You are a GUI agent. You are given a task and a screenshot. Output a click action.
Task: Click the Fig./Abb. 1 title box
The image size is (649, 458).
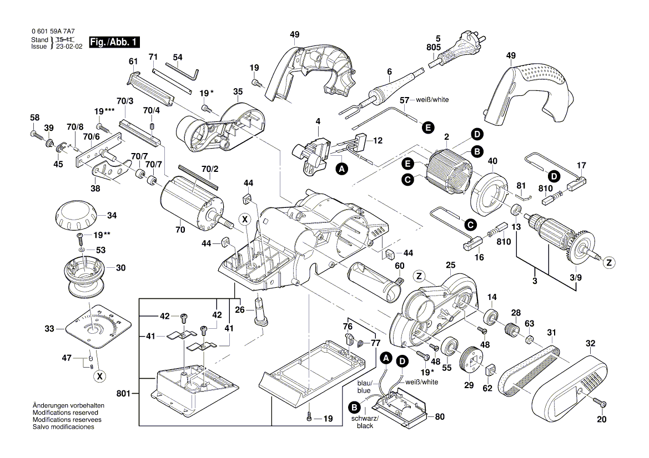click(x=115, y=42)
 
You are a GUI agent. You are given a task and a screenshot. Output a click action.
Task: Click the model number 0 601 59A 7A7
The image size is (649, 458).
click(x=53, y=33)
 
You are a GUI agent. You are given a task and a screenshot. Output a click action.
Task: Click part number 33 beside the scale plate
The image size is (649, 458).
click(x=50, y=329)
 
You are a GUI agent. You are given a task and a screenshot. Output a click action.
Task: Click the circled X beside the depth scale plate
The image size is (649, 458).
click(x=100, y=376)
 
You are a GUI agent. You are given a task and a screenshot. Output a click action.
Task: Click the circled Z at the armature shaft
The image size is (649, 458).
click(x=609, y=263)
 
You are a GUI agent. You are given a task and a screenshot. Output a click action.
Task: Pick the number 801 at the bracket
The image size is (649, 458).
click(x=123, y=394)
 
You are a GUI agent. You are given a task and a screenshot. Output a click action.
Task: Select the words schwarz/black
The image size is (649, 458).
click(x=365, y=422)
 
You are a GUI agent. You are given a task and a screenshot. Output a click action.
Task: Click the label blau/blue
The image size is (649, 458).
click(x=364, y=387)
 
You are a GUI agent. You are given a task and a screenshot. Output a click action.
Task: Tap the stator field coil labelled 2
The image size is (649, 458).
click(x=447, y=169)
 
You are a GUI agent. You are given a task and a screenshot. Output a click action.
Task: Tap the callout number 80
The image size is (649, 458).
click(x=440, y=416)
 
